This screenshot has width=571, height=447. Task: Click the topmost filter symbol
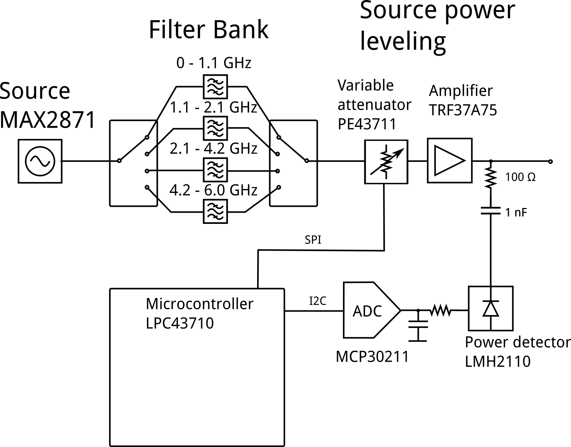215,87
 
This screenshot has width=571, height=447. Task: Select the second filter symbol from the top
215,128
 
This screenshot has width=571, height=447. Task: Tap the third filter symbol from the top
215,170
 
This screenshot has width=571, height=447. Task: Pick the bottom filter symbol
215,211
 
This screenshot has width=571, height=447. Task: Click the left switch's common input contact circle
119,161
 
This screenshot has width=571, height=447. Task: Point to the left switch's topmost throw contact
147,137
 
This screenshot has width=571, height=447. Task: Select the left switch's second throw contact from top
147,154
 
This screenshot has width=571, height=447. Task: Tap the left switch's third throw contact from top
147,171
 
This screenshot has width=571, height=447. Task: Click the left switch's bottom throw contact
147,187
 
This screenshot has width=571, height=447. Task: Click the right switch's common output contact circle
306,161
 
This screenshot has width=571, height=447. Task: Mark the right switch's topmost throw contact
279,137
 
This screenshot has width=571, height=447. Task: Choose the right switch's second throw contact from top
277,154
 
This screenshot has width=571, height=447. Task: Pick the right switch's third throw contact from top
277,171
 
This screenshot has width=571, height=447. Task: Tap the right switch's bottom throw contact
279,187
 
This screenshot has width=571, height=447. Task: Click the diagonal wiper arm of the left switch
133,149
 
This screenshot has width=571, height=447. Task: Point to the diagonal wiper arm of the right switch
292,149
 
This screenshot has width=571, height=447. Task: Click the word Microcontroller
199,304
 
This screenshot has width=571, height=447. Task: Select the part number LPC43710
179,323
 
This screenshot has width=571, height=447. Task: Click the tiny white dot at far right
550,161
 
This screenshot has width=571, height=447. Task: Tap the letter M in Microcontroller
151,304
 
